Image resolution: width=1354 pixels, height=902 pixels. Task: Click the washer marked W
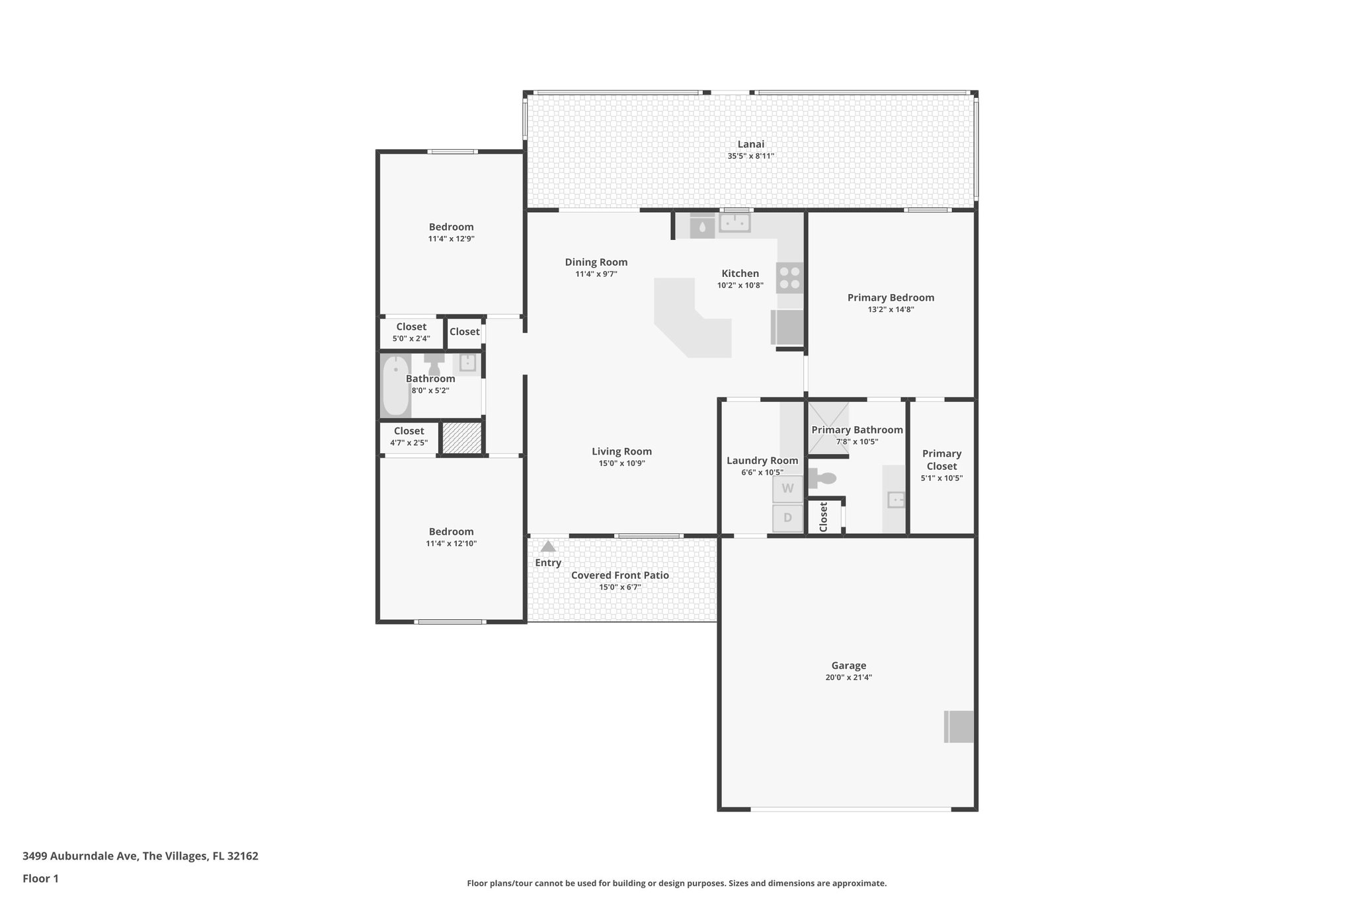(x=787, y=489)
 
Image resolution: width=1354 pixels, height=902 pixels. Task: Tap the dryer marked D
(x=787, y=518)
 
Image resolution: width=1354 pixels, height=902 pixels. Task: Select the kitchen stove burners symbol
(x=789, y=278)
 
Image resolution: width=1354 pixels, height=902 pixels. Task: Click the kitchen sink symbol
(x=735, y=223)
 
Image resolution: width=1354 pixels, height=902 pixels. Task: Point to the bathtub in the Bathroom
(x=395, y=386)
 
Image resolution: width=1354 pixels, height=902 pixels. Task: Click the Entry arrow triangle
(x=548, y=546)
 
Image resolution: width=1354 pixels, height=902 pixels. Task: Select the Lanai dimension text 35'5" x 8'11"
(x=750, y=157)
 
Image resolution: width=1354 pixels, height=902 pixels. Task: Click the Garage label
(x=848, y=665)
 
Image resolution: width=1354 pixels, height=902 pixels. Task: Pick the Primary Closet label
(x=941, y=460)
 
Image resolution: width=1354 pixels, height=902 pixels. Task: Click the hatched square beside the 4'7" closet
(x=461, y=437)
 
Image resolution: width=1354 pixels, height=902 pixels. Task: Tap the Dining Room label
(x=596, y=262)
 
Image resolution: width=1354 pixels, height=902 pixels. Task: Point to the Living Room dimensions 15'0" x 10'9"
(x=621, y=464)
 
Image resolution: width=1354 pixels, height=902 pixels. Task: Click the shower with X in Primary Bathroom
(x=829, y=420)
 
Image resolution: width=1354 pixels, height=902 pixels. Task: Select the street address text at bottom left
(x=140, y=856)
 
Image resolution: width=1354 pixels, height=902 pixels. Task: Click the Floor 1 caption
(x=40, y=879)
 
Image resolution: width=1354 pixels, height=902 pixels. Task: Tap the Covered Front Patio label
(x=619, y=576)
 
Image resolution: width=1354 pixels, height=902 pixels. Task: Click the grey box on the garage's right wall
(x=959, y=727)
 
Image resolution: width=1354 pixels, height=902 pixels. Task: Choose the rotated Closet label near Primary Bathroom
(x=823, y=517)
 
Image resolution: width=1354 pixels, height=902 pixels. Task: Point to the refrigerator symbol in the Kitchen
(x=787, y=328)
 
